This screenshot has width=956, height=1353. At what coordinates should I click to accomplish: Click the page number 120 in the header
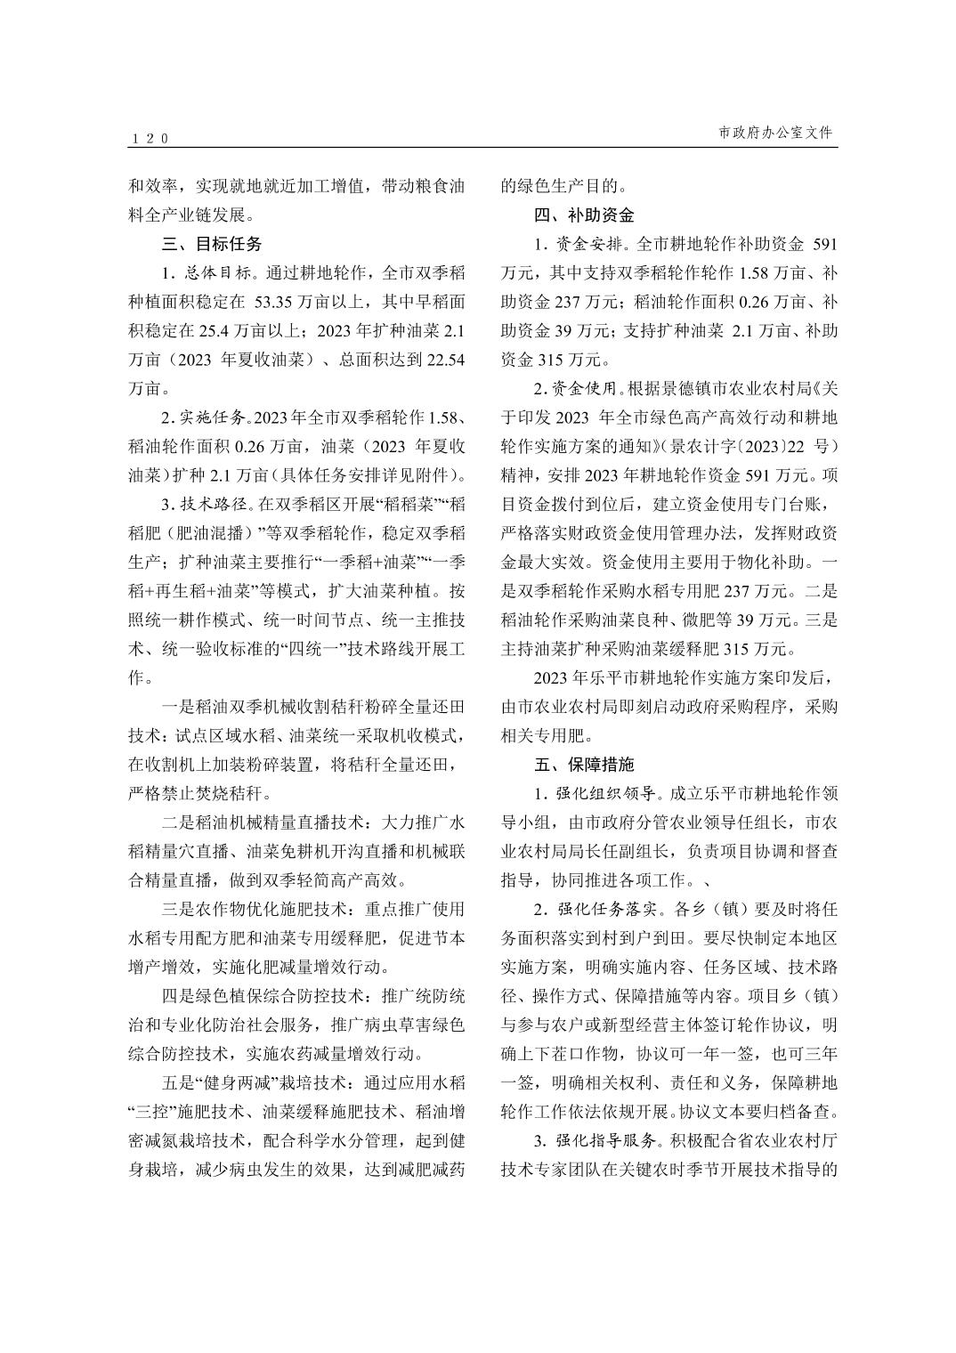point(149,139)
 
